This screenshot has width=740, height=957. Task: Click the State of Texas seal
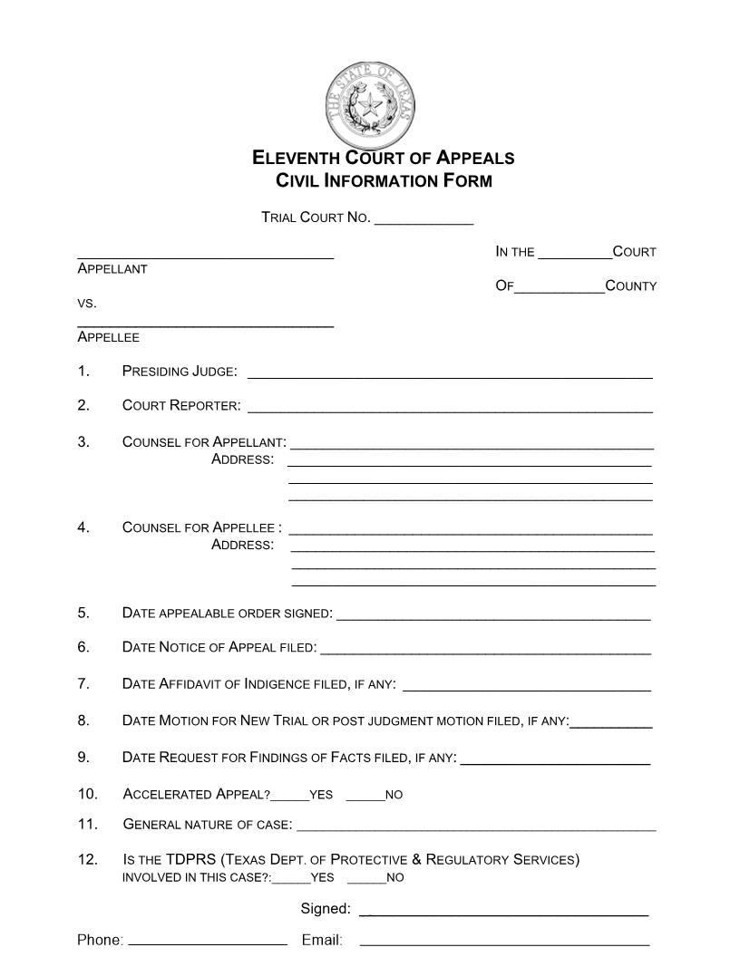(370, 107)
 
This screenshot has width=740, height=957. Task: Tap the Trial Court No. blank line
(424, 221)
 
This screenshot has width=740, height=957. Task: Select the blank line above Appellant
(206, 257)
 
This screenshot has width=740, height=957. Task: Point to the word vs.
(87, 303)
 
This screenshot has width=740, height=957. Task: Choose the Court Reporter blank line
(450, 410)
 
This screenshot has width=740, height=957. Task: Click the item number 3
(83, 442)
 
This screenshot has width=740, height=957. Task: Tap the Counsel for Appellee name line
(471, 532)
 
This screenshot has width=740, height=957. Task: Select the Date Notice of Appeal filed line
(486, 652)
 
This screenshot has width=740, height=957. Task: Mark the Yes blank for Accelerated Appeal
(290, 798)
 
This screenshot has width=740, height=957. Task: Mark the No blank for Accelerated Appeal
(365, 798)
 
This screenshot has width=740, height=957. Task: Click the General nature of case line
(476, 828)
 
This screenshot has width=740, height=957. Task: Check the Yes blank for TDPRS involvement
(291, 881)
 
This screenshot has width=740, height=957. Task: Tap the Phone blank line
(208, 943)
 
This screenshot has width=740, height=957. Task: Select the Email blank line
(504, 943)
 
